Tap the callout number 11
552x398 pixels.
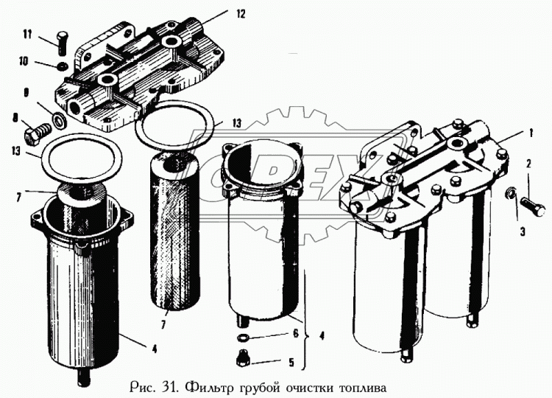pyautogui.click(x=26, y=35)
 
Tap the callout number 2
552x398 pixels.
pyautogui.click(x=528, y=163)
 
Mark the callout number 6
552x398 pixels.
pyautogui.click(x=294, y=333)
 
